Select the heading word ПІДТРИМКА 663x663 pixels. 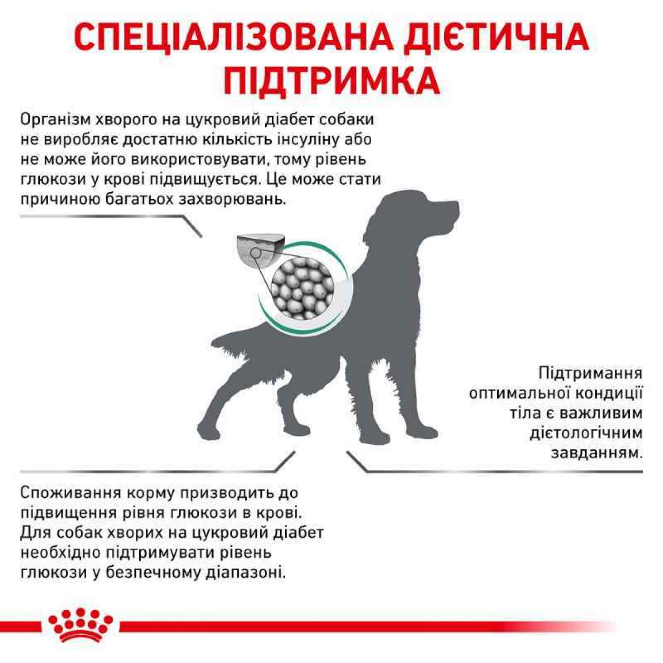pyautogui.click(x=331, y=81)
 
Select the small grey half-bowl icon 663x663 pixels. pyautogui.click(x=260, y=249)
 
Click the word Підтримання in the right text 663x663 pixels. pyautogui.click(x=591, y=373)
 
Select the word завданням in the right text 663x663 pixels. pyautogui.click(x=597, y=453)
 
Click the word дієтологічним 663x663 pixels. pyautogui.click(x=586, y=433)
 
